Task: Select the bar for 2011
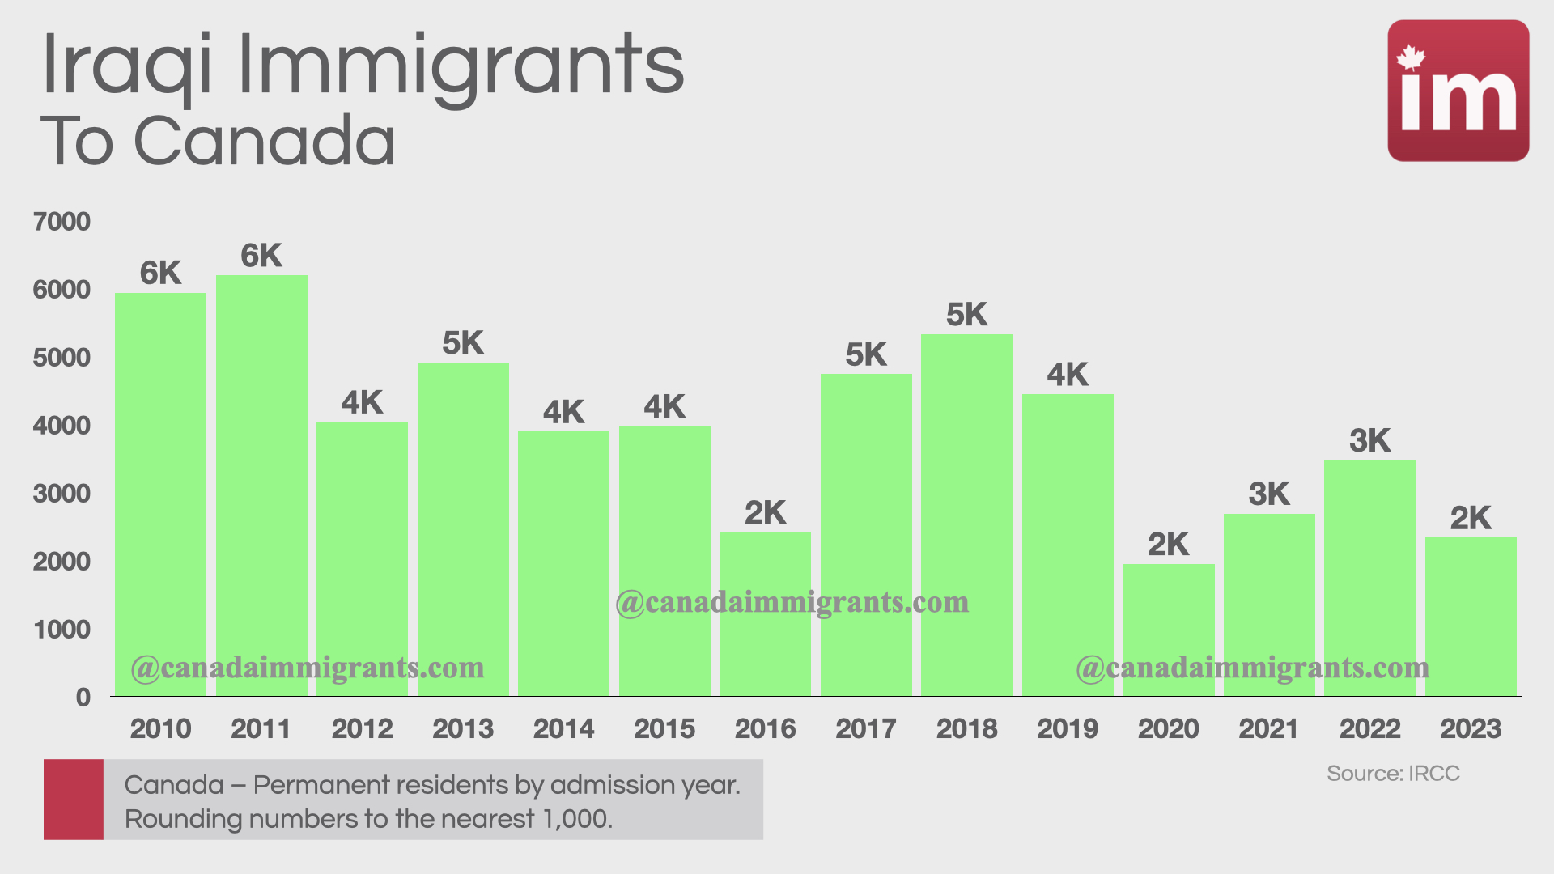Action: [x=261, y=486]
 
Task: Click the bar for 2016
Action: [x=765, y=615]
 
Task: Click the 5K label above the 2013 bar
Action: [x=463, y=343]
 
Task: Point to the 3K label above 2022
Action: [x=1369, y=441]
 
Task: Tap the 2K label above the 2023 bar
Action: [x=1470, y=518]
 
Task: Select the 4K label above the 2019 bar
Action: [x=1068, y=375]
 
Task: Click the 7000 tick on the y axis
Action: [x=62, y=222]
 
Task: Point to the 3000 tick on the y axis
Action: [x=62, y=494]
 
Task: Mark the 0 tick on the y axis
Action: [x=83, y=698]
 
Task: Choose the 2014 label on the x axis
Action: [x=563, y=729]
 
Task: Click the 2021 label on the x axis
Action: [x=1268, y=729]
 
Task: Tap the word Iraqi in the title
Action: [x=127, y=65]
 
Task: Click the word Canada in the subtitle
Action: [x=264, y=142]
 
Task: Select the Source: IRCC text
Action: [x=1393, y=774]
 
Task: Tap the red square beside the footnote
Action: [x=74, y=799]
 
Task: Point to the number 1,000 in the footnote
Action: [x=575, y=819]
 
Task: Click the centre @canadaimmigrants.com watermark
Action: [x=792, y=603]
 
